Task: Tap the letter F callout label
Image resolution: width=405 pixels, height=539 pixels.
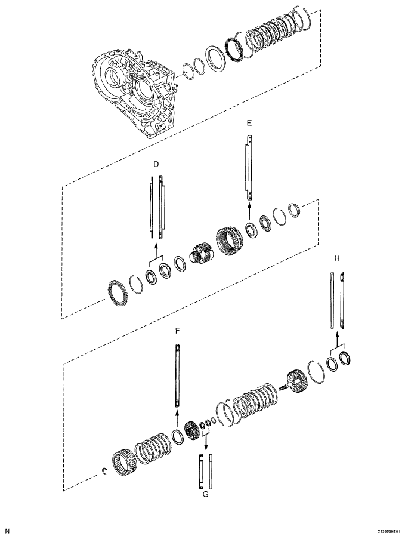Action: [177, 329]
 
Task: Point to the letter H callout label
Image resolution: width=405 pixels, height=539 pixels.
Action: [337, 258]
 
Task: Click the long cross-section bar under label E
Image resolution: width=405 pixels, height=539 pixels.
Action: [249, 167]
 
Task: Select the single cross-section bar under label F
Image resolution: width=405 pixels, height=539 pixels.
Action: [177, 376]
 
